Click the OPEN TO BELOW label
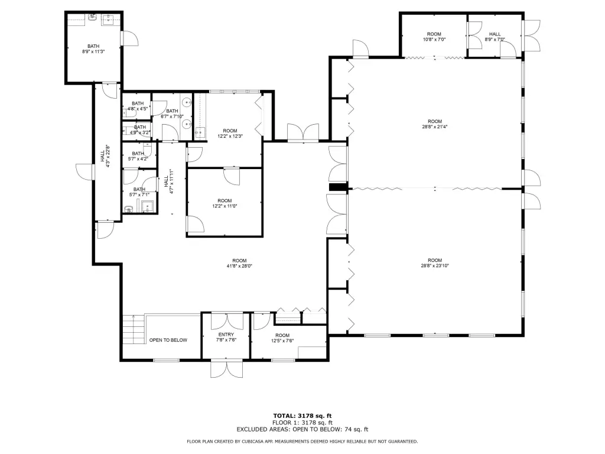point(168,340)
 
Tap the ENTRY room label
point(226,337)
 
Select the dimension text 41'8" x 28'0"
point(239,265)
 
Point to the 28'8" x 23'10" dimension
point(435,265)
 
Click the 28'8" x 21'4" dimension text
point(435,127)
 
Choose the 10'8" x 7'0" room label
point(434,37)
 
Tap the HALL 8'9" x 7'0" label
point(495,37)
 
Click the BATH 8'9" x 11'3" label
point(93,48)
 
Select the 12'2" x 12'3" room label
point(230,133)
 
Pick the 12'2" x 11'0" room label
point(225,203)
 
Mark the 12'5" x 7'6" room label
point(282,338)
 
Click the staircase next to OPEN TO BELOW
point(134,330)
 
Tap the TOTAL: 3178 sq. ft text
point(302,416)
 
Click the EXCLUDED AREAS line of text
point(302,429)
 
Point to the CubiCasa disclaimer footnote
point(302,441)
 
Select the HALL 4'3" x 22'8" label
point(105,156)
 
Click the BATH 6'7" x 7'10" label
point(172,113)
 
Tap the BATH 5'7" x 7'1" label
point(139,192)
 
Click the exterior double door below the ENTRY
point(226,369)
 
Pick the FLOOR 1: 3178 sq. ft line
point(302,423)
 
